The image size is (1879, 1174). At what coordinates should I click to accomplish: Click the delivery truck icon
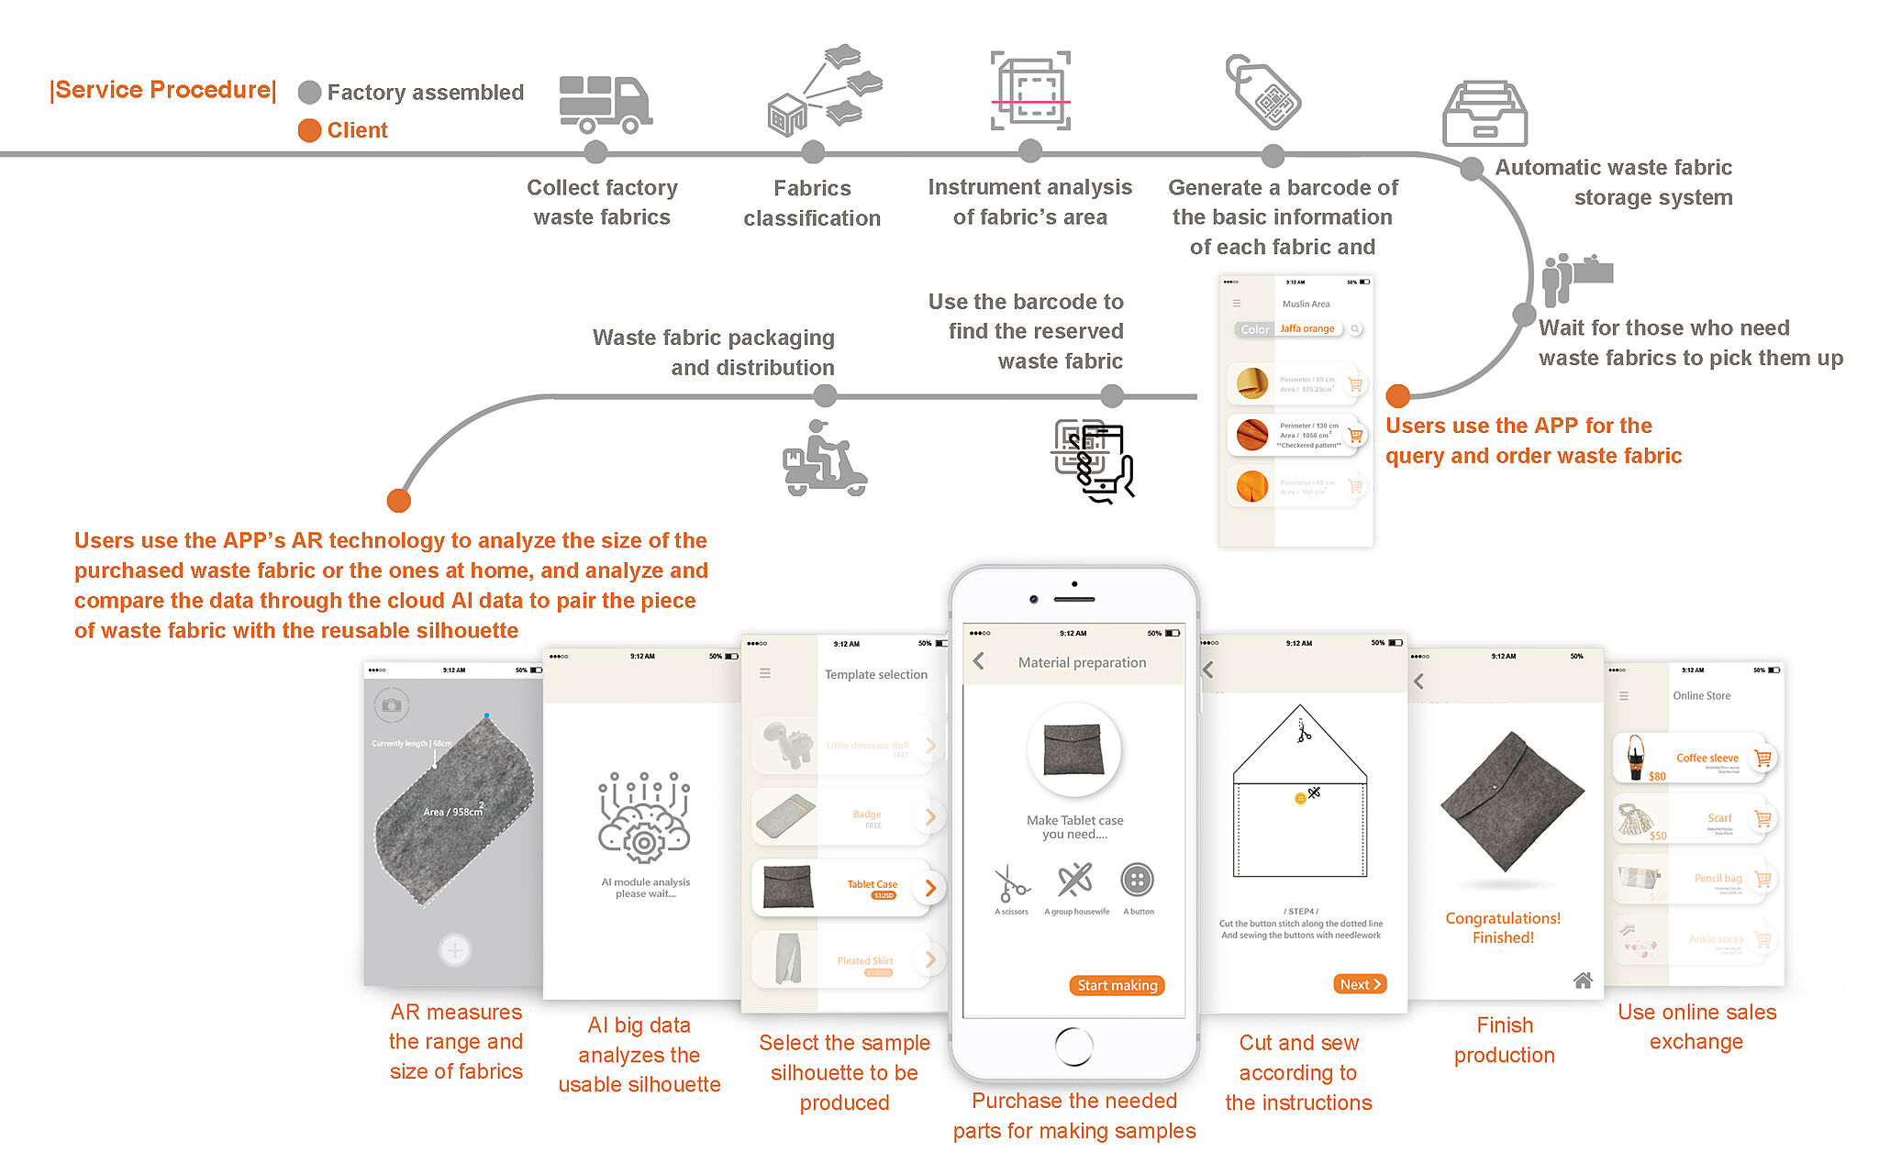(606, 104)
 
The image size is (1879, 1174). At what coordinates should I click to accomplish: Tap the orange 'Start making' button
(1117, 985)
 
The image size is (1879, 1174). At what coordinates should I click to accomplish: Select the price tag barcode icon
(1263, 92)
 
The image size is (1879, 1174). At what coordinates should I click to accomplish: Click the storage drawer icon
(1484, 114)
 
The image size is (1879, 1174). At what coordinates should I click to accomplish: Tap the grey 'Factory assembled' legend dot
(310, 93)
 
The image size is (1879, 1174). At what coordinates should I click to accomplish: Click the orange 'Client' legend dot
(310, 130)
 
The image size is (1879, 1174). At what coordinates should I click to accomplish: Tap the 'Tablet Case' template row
(844, 888)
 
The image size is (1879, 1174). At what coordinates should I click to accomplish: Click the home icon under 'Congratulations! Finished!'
(1583, 980)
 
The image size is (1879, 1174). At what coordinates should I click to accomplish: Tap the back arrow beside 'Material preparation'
(979, 661)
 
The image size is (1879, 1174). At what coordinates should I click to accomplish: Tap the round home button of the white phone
(1074, 1046)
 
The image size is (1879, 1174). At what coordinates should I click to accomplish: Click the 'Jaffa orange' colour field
(1307, 328)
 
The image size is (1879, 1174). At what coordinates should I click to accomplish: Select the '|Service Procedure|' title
(163, 90)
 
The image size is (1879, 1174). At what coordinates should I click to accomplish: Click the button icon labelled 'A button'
(1137, 880)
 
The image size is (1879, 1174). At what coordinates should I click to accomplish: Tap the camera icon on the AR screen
(392, 705)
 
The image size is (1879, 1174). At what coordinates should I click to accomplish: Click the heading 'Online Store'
(1701, 696)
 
